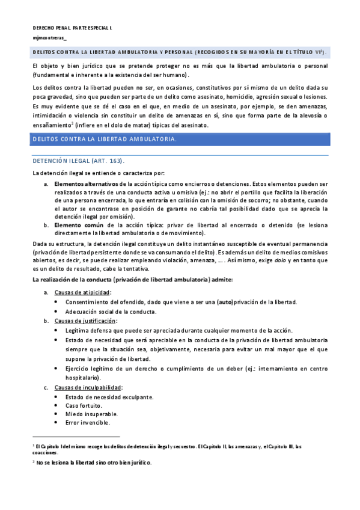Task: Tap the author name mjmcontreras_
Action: (x=50, y=38)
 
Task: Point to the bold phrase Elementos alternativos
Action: (x=86, y=183)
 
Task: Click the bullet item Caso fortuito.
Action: (x=84, y=405)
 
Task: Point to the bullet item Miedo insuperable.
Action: (x=91, y=414)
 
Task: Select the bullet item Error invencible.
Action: (x=88, y=423)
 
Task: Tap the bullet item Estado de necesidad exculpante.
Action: (x=109, y=397)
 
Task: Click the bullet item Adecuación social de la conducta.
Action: (x=111, y=312)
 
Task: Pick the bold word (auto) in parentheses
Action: (x=225, y=302)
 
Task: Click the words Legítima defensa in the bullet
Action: (x=89, y=330)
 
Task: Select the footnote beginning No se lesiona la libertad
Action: (x=94, y=462)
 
